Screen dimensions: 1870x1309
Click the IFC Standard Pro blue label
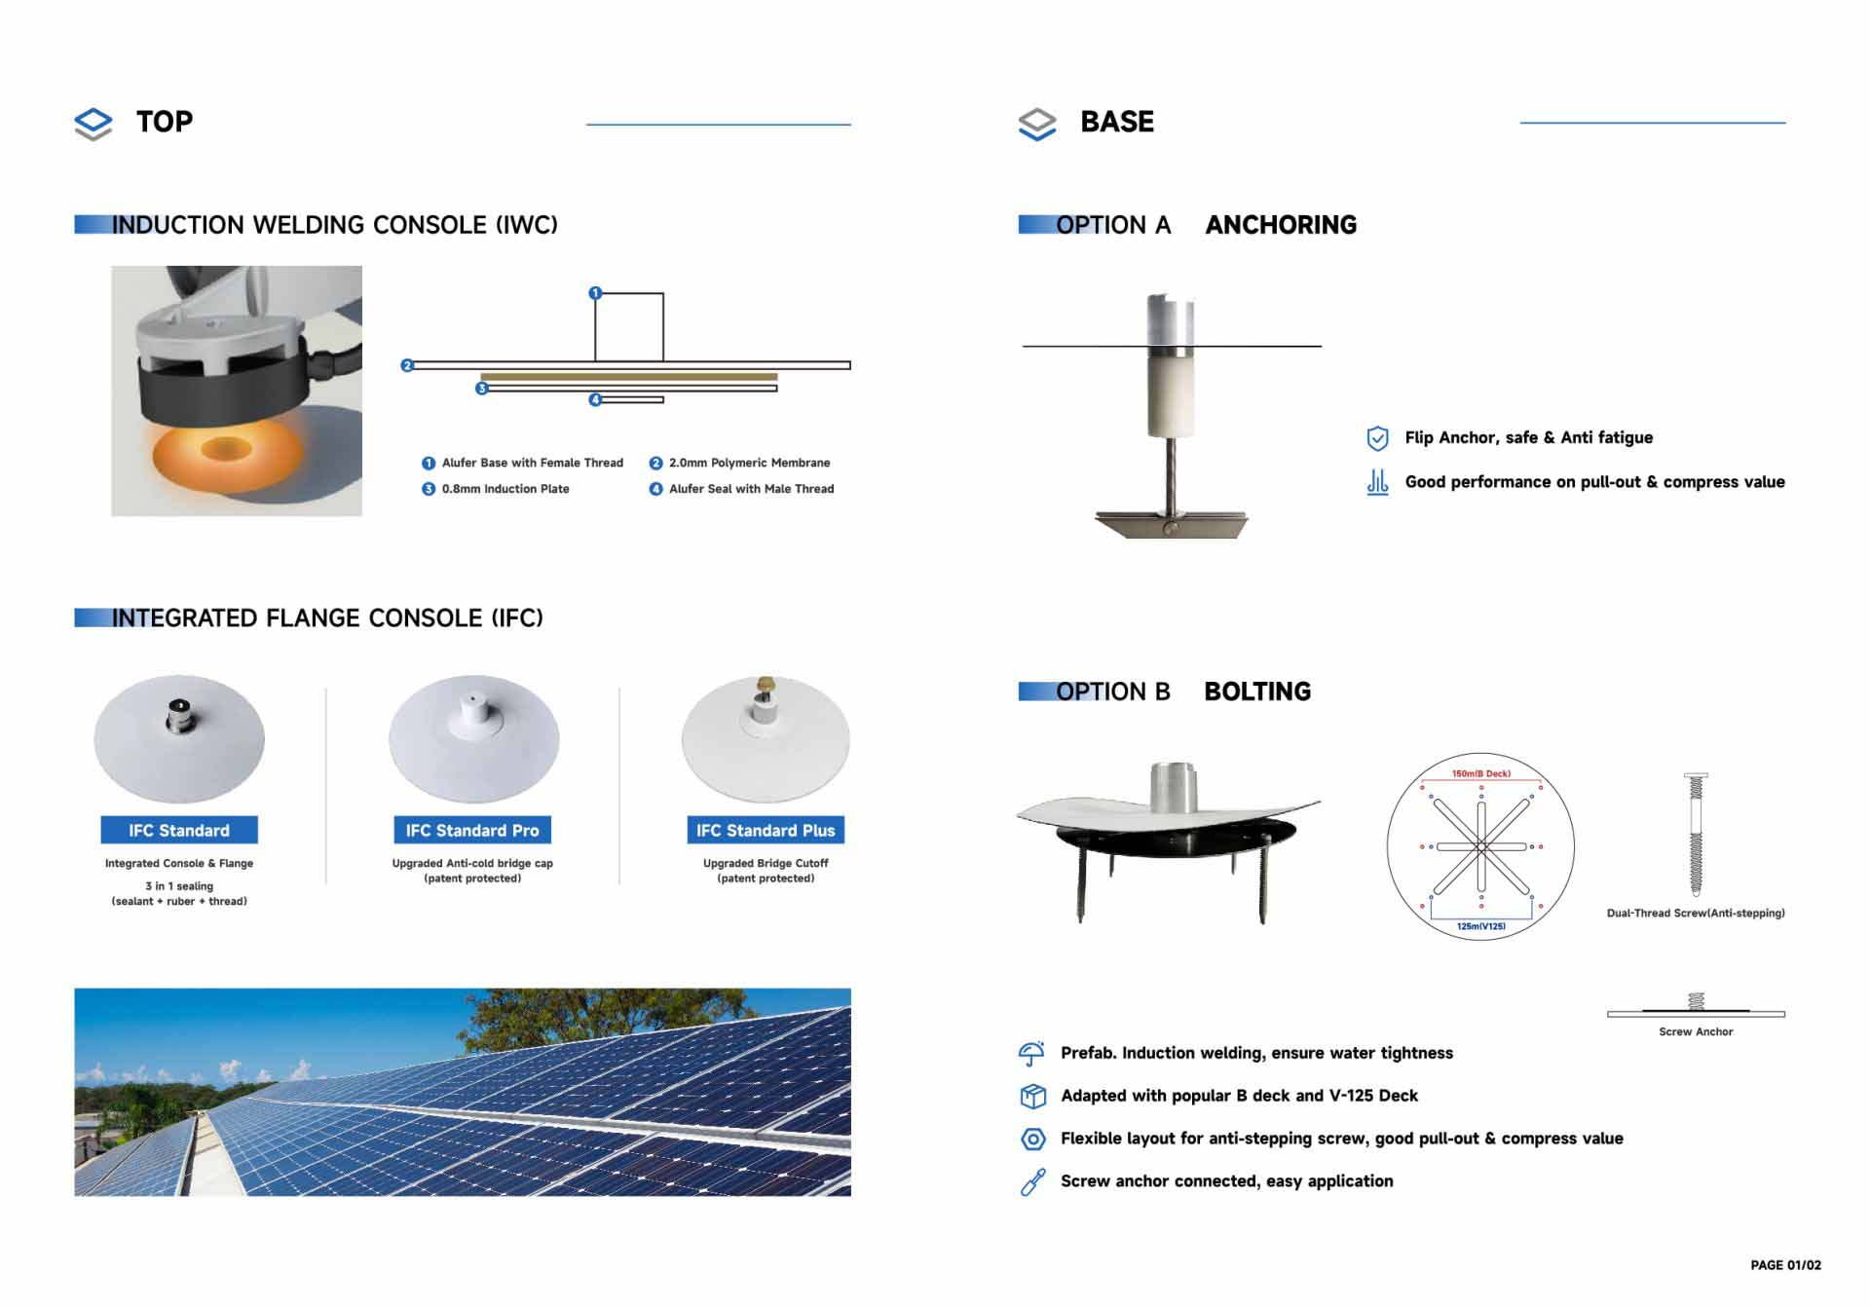(x=472, y=830)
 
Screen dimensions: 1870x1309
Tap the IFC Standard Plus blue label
(x=766, y=830)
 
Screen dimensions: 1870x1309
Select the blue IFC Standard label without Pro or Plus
(x=179, y=830)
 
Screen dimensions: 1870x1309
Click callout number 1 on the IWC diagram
(x=595, y=292)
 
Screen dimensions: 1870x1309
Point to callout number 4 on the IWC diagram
(x=595, y=399)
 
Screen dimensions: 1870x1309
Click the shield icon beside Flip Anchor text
(x=1377, y=438)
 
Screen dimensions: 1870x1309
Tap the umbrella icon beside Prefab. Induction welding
(x=1031, y=1053)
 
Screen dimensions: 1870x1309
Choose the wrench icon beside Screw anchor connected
(x=1032, y=1181)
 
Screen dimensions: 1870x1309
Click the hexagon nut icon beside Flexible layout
(x=1032, y=1139)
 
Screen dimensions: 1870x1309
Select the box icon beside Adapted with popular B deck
(x=1032, y=1096)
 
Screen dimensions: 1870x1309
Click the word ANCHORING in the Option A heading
(x=1281, y=225)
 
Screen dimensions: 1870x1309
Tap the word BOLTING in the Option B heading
(x=1257, y=692)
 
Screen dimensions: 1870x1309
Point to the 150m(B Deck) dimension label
(x=1481, y=773)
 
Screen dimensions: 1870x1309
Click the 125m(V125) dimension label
(x=1481, y=926)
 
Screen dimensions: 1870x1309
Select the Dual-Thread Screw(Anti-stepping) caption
(x=1696, y=913)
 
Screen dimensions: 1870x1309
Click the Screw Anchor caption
(x=1696, y=1031)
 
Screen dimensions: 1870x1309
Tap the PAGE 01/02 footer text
(x=1785, y=1265)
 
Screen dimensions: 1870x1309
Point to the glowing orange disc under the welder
(x=226, y=451)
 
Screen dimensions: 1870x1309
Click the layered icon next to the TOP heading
(x=93, y=124)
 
